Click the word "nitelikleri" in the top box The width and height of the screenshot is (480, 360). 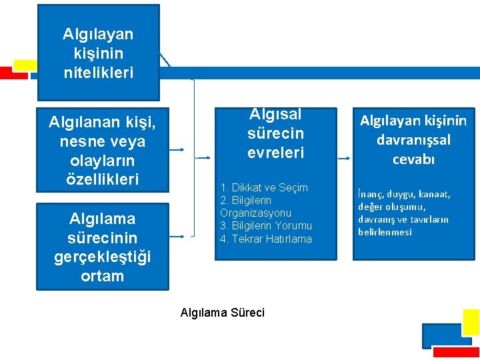pos(98,71)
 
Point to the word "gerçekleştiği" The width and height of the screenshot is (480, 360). pos(103,257)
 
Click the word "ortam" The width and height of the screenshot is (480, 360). pos(103,275)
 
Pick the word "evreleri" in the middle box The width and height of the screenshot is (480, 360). pos(275,153)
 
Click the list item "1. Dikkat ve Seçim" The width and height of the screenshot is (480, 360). pos(264,188)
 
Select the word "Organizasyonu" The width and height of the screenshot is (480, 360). pos(255,213)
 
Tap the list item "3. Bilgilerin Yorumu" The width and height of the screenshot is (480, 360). pos(266,226)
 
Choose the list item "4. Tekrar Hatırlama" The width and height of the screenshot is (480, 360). pos(266,239)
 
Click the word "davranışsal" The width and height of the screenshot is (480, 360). pos(413,140)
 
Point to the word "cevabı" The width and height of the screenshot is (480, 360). pos(413,159)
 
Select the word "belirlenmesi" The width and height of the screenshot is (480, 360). pos(385,232)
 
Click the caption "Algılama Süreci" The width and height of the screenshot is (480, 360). pos(223,313)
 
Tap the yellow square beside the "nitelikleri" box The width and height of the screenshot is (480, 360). pos(25,65)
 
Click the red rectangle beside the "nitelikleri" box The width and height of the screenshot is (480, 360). pos(13,73)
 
